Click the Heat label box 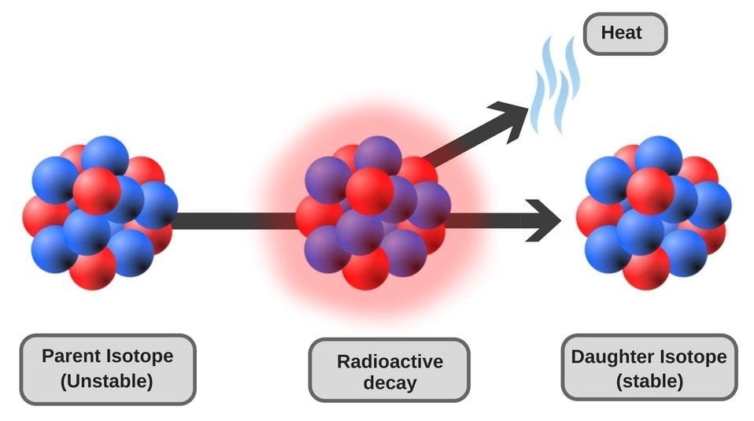pos(624,34)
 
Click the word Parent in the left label pos(72,356)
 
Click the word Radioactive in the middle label pos(390,361)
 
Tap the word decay pos(390,384)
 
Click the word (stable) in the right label pos(649,381)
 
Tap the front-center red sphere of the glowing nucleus pos(369,190)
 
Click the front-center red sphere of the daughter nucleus pos(650,190)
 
